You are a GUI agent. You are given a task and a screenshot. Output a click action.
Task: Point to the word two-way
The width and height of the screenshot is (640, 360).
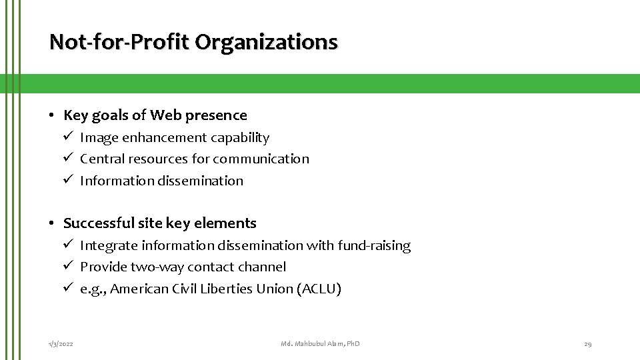[x=153, y=267]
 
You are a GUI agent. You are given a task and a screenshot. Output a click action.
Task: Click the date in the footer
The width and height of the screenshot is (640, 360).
[x=61, y=344]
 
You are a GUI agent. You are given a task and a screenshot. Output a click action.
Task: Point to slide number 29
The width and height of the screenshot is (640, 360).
[x=587, y=344]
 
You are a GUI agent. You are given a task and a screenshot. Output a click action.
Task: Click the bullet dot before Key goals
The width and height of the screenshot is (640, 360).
[x=52, y=115]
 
